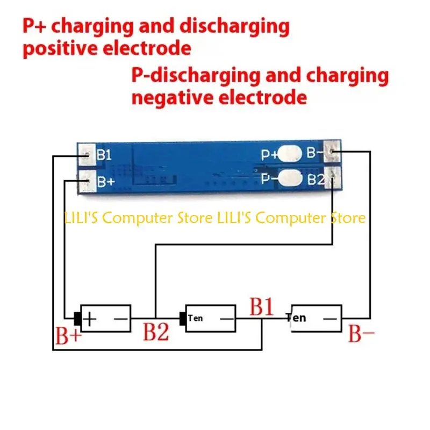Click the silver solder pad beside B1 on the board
pyautogui.click(x=87, y=155)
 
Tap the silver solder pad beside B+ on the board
pyautogui.click(x=87, y=181)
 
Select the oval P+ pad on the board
pyautogui.click(x=290, y=153)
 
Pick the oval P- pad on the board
pyautogui.click(x=290, y=178)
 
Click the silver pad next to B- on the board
pyautogui.click(x=332, y=151)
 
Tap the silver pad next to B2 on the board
pyautogui.click(x=333, y=178)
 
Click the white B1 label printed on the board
pyautogui.click(x=104, y=155)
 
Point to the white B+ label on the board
pyautogui.click(x=106, y=182)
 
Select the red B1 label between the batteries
pyautogui.click(x=261, y=306)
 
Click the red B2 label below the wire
pyautogui.click(x=156, y=332)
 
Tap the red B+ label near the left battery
pyautogui.click(x=68, y=335)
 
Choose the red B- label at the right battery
pyautogui.click(x=361, y=333)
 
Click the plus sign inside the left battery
pyautogui.click(x=89, y=319)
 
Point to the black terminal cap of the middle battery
pyautogui.click(x=182, y=319)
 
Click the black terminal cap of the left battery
pyautogui.click(x=77, y=319)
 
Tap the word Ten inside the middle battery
pyautogui.click(x=195, y=318)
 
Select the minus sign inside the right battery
pyautogui.click(x=330, y=319)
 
